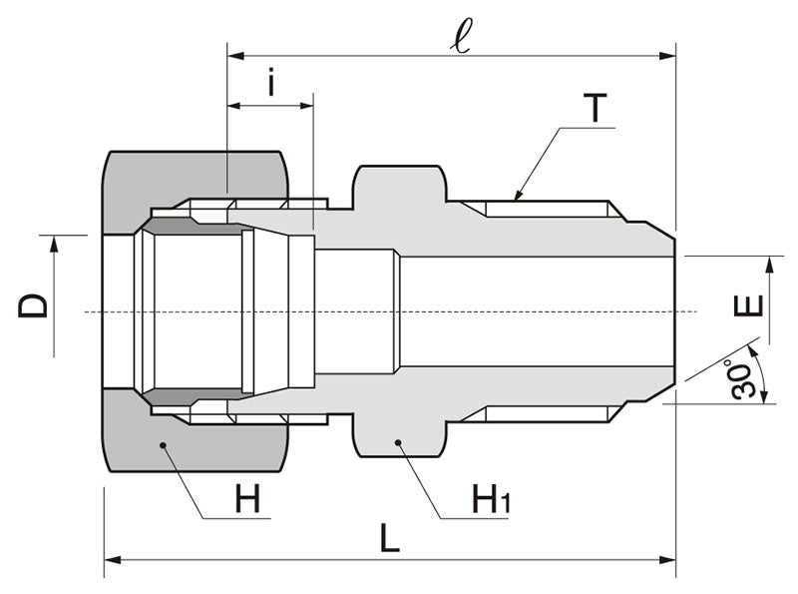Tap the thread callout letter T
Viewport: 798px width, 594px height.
(596, 108)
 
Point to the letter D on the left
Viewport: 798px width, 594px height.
(34, 303)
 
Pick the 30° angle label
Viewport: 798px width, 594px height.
(745, 378)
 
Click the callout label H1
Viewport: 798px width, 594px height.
(490, 498)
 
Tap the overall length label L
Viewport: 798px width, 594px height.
(390, 538)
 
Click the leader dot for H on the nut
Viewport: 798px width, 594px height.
(163, 443)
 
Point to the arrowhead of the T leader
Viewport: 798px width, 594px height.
(516, 197)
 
